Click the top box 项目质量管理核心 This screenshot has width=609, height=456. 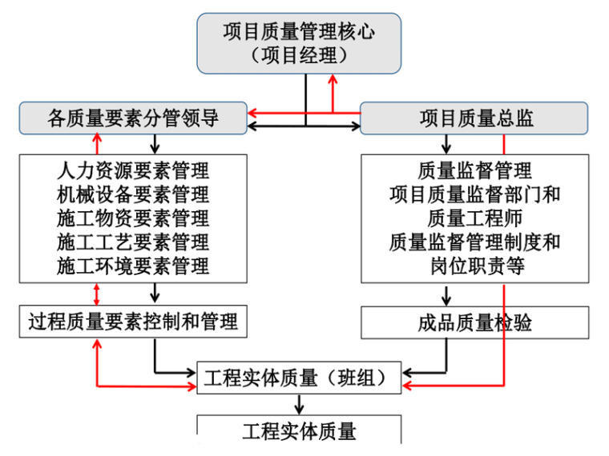tap(299, 32)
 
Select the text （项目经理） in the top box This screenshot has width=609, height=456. tap(299, 55)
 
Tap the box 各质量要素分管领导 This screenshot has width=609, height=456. tap(133, 119)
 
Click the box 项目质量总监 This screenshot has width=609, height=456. tap(476, 119)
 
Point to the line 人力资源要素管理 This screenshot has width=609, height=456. tap(133, 170)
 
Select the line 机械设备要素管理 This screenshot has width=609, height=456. tap(133, 194)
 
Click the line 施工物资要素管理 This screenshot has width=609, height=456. tap(133, 218)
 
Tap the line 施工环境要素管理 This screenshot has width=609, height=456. tap(133, 265)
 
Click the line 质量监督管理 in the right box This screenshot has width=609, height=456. tap(475, 170)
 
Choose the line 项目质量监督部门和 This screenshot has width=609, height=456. tap(475, 194)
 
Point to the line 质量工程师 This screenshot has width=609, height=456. tap(475, 218)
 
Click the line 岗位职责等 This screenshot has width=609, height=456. tap(475, 265)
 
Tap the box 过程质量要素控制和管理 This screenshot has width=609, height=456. tap(133, 322)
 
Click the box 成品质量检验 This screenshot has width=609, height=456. tap(475, 322)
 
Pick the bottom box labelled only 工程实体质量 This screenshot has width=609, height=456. tap(299, 430)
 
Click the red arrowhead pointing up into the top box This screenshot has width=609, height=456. tap(333, 78)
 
